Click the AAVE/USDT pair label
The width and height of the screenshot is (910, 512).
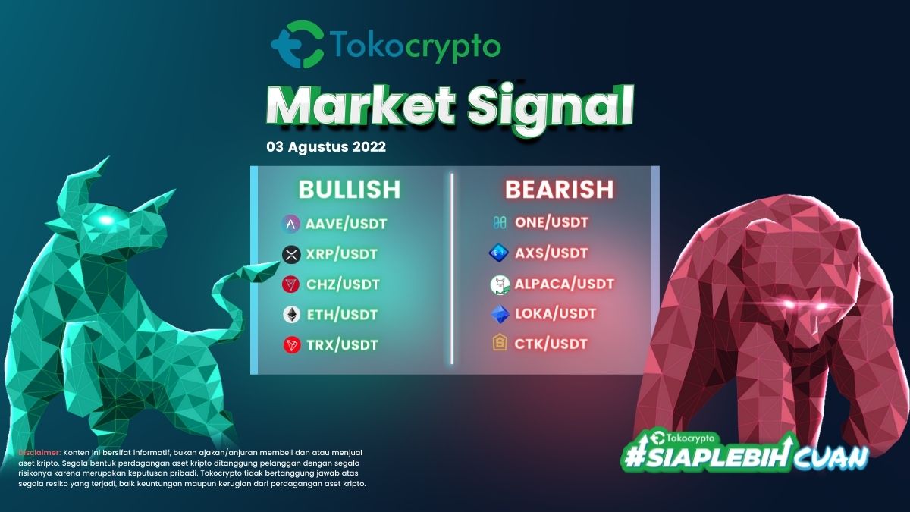coord(347,224)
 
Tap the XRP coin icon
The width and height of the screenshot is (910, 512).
coord(291,255)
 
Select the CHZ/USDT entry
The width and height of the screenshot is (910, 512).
coord(343,284)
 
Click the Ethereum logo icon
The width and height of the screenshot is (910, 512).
coord(291,315)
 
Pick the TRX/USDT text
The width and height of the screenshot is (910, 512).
coord(343,345)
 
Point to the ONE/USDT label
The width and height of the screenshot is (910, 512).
coord(552,223)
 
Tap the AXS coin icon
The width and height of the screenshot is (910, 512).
coord(498,253)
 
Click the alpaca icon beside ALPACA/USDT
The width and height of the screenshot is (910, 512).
coord(500,284)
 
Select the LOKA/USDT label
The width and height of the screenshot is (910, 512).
coord(555,314)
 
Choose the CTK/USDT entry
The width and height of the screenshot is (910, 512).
coord(551,344)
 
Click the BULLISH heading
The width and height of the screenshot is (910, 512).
coord(350,190)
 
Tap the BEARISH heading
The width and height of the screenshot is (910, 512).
coord(559,190)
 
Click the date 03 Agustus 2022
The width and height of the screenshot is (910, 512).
coord(326,146)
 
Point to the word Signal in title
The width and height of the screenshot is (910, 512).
coord(550,106)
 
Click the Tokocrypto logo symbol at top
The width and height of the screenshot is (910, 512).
coord(298,45)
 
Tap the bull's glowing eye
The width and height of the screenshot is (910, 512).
coord(105,220)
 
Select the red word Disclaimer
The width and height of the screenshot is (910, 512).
coord(39,453)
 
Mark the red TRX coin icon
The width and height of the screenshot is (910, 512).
coord(292,345)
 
